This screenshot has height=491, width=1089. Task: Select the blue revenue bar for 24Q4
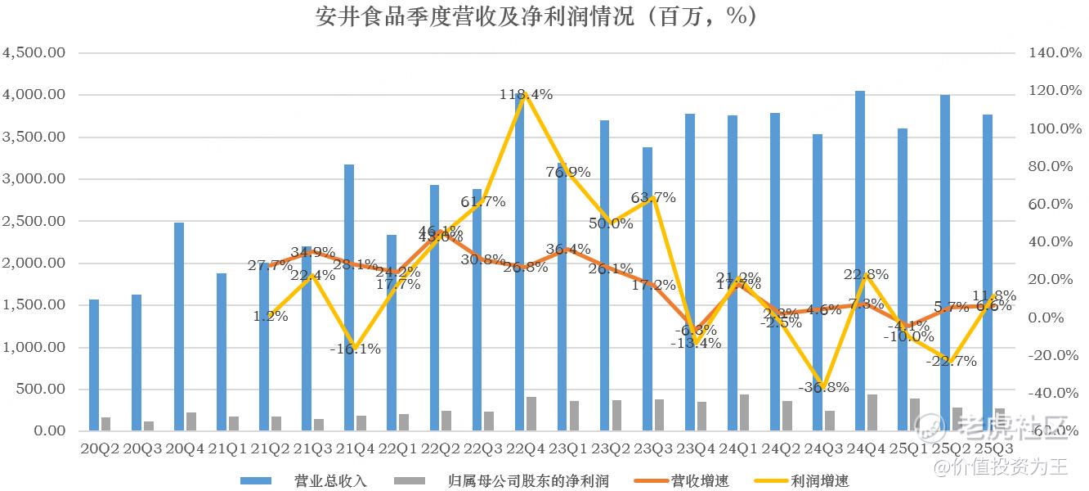click(860, 262)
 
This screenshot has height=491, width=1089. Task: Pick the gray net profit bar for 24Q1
click(745, 413)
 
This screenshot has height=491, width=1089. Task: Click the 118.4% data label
click(526, 94)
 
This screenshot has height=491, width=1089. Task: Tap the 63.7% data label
click(653, 197)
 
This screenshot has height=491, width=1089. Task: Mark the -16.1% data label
click(356, 349)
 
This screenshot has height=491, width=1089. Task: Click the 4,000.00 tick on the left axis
click(34, 95)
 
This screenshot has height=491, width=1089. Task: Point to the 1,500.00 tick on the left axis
click(34, 305)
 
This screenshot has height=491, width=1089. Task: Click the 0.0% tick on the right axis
click(1054, 318)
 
